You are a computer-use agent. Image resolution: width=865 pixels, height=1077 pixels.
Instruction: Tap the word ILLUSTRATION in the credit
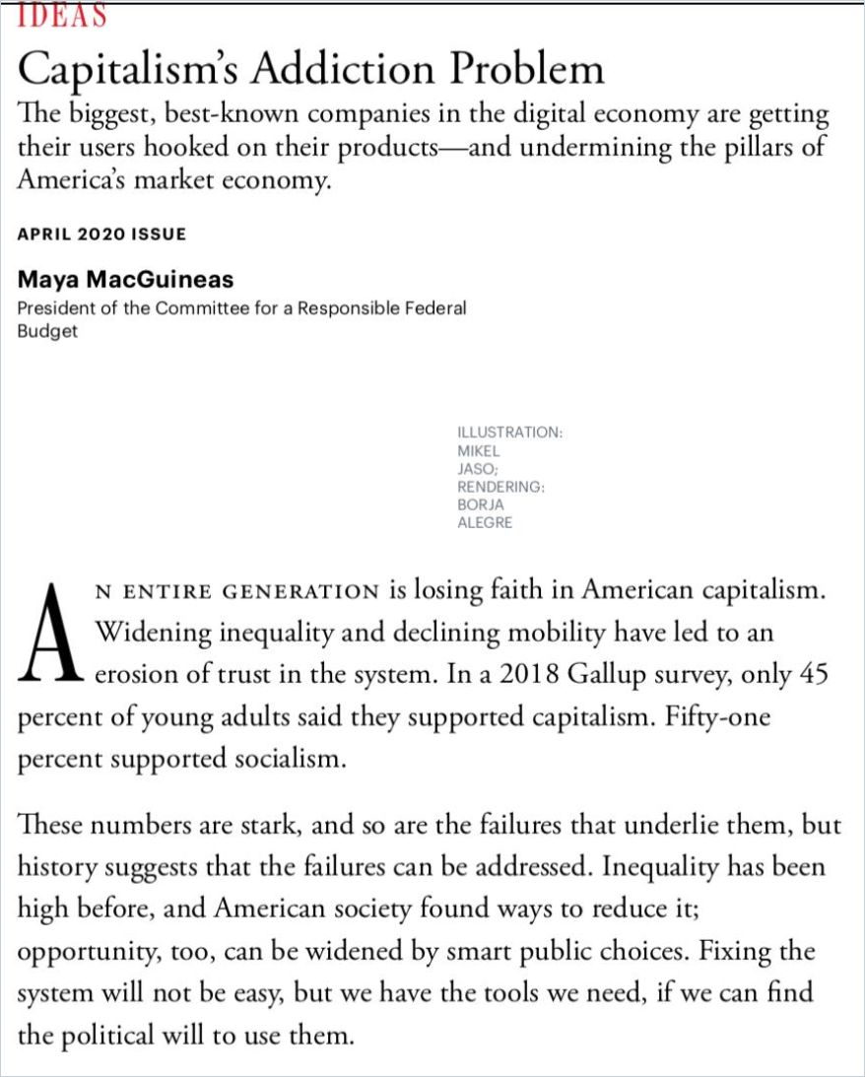(509, 433)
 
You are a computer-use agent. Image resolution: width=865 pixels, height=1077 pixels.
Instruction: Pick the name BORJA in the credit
(479, 505)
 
